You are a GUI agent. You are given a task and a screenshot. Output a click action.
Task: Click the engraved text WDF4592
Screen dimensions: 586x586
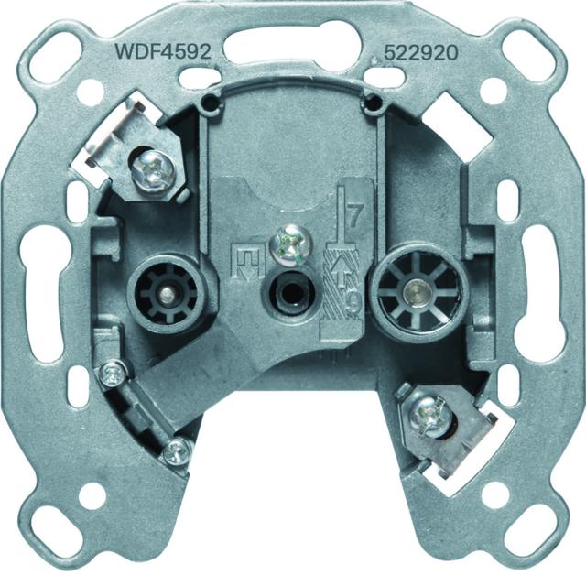[164, 51]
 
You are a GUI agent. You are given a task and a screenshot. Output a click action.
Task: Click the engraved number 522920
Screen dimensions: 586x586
[421, 53]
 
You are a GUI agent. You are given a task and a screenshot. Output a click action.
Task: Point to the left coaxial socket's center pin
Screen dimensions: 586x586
[165, 294]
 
